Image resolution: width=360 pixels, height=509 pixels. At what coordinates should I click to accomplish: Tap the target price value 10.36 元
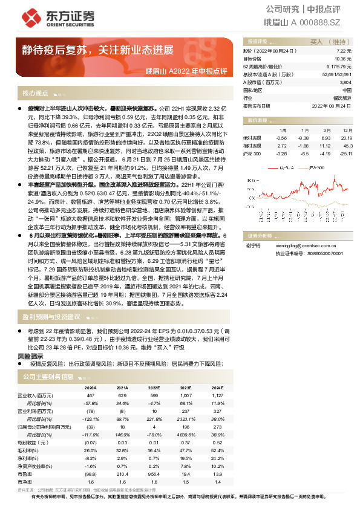click(x=344, y=59)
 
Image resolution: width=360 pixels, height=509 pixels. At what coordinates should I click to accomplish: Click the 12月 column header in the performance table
click(x=345, y=130)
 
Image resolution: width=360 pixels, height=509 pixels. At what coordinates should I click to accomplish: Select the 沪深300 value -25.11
click(x=345, y=154)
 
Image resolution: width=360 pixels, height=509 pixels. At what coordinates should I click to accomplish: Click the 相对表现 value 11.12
click(x=326, y=146)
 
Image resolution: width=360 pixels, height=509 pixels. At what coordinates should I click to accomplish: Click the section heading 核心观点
click(x=36, y=94)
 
